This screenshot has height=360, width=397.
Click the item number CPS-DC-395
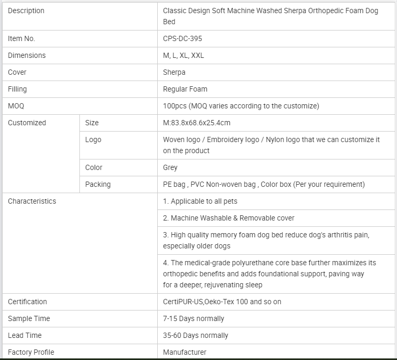[x=182, y=38]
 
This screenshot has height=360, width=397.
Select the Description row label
[x=26, y=11]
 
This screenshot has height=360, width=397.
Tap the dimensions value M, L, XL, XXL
[x=184, y=55]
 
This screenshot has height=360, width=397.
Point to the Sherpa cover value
[x=174, y=72]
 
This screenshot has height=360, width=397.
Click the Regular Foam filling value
[x=185, y=89]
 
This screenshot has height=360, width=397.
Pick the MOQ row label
[x=16, y=106]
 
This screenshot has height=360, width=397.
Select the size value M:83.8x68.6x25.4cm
[x=197, y=123]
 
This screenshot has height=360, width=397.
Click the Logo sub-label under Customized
[x=93, y=139]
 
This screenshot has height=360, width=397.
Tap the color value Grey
[x=170, y=167]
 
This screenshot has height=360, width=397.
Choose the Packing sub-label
[x=98, y=184]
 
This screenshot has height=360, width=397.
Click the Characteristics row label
[x=32, y=201]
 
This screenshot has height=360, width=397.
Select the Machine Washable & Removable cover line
[x=229, y=218]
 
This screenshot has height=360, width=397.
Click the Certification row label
[x=27, y=302]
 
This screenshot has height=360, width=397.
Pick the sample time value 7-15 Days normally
[x=194, y=318]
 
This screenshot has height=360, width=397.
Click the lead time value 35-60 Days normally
[x=196, y=335]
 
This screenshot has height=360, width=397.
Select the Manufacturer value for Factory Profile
[x=185, y=352]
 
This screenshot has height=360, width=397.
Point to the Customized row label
[x=27, y=123]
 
